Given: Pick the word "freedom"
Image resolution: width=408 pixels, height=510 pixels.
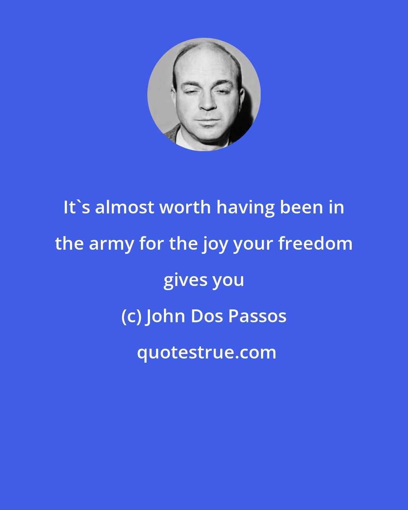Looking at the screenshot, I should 315,244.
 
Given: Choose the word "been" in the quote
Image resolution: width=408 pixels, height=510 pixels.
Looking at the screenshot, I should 303,207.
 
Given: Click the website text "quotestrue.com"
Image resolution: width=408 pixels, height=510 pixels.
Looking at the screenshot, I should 206,353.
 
